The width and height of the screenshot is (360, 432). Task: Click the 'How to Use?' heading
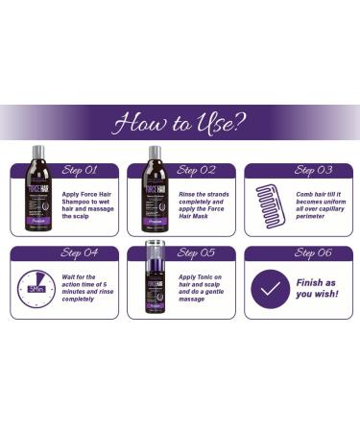tap(180, 123)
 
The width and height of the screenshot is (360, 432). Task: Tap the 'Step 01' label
tap(79, 170)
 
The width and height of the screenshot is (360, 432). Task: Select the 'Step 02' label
tap(195, 170)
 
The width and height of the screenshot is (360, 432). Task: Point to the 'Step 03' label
tap(312, 170)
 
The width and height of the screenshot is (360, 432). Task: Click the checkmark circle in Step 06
tap(270, 288)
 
